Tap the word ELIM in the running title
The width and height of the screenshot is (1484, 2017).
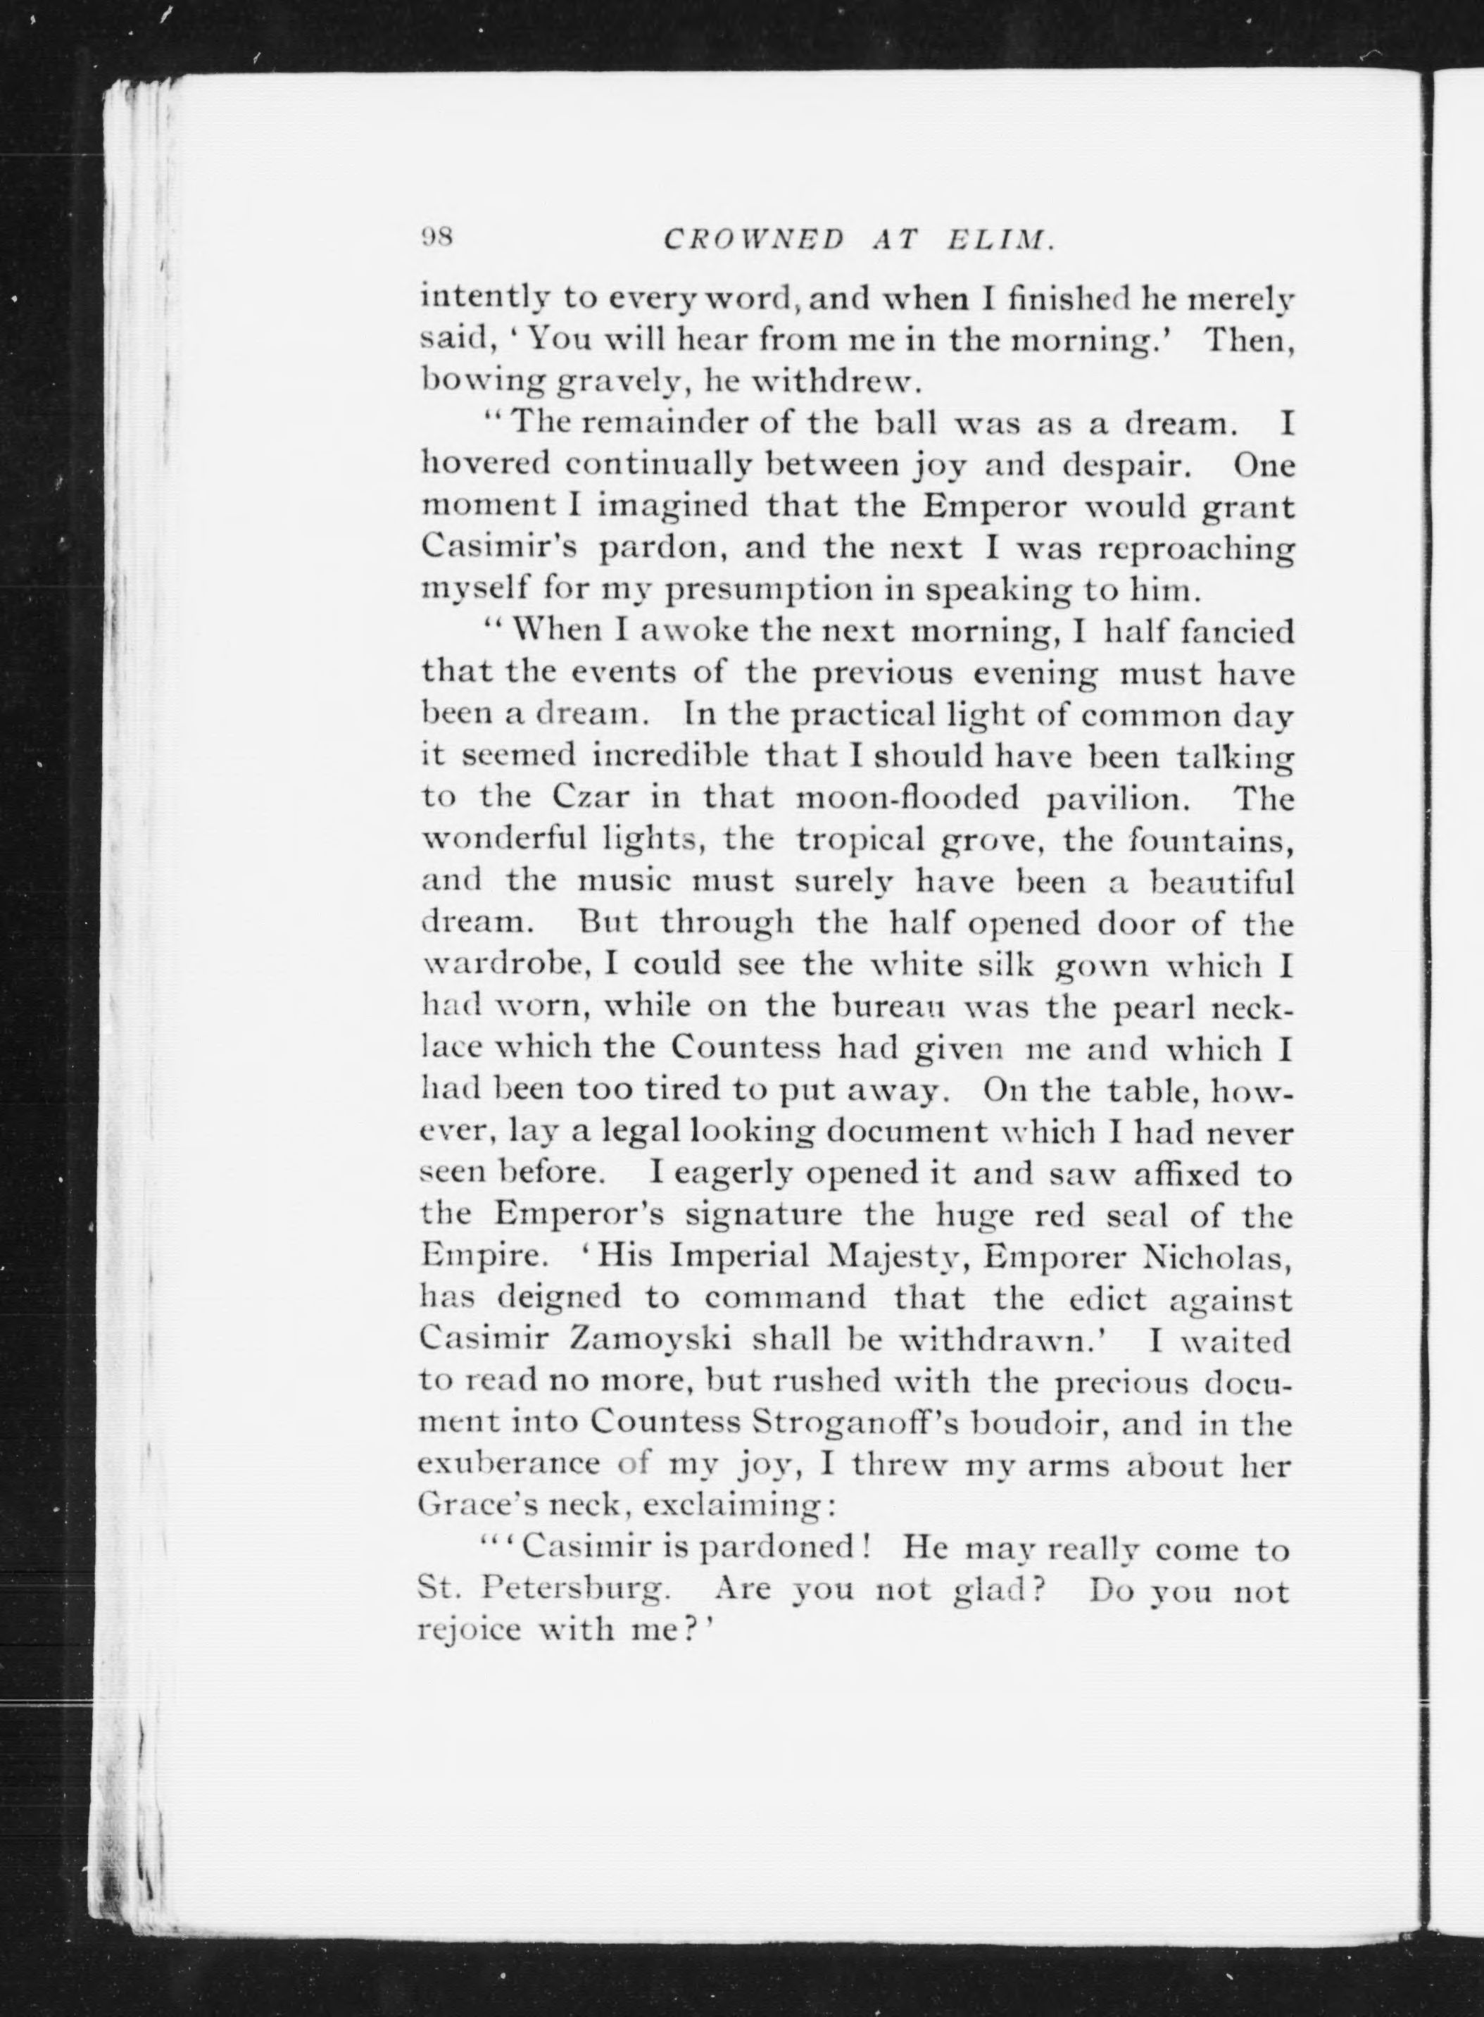tap(999, 240)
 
